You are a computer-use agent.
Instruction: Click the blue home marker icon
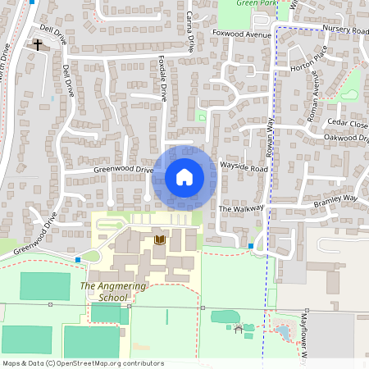point(184,176)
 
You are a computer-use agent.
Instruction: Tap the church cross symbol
point(38,45)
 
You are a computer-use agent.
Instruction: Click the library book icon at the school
point(160,239)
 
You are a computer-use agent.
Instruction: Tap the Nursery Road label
point(345,30)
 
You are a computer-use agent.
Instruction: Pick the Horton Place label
point(307,70)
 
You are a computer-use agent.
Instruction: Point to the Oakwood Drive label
point(347,139)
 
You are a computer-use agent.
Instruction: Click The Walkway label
point(240,209)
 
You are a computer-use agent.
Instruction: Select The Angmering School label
point(104,291)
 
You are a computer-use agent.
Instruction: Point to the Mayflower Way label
point(303,336)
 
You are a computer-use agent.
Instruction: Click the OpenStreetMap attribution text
point(82,363)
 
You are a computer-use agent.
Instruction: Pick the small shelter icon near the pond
point(239,329)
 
